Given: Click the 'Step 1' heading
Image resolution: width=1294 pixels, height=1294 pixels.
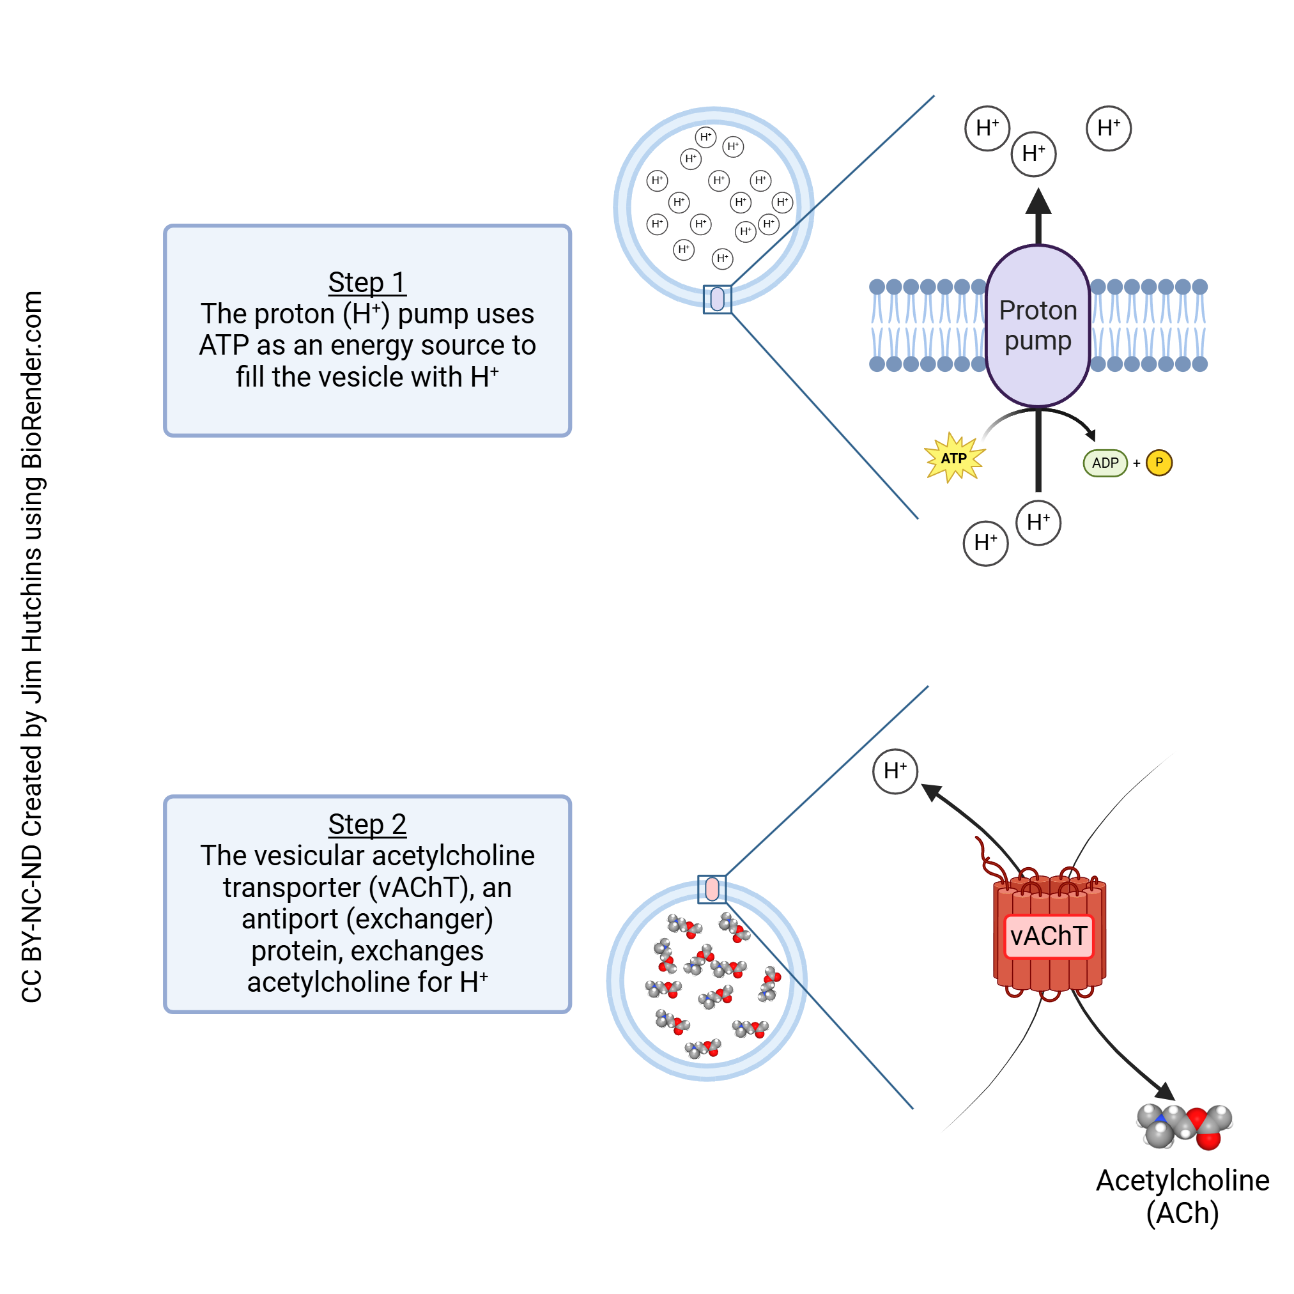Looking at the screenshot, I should tap(367, 282).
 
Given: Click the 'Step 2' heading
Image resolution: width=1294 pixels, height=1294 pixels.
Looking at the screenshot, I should tap(367, 824).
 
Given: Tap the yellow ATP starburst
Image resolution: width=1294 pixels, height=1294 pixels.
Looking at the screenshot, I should tap(954, 458).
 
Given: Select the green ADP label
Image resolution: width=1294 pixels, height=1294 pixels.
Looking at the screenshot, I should tap(1105, 463).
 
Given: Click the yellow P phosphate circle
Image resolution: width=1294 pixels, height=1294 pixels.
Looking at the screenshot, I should tap(1159, 463).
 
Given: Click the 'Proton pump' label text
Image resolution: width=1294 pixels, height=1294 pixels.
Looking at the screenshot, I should tap(1038, 325).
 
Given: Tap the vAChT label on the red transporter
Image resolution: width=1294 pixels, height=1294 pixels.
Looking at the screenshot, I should tap(1048, 936).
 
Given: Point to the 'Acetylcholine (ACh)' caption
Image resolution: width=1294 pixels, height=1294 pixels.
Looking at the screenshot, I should tap(1182, 1196).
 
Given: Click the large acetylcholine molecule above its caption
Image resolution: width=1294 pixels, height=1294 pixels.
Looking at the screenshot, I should tap(1184, 1127).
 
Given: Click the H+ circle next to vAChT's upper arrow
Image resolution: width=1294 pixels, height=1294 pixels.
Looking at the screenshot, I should tap(895, 771).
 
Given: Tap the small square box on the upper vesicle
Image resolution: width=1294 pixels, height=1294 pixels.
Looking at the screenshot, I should tap(718, 300).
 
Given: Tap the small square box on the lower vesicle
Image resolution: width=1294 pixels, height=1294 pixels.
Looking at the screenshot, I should tap(712, 890).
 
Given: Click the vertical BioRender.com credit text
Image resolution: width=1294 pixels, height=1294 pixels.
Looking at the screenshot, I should tap(31, 646).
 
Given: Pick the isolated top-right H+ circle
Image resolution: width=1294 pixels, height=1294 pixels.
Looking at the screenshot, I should tap(1109, 128).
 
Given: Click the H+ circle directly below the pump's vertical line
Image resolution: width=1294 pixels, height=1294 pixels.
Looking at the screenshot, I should tap(1038, 523).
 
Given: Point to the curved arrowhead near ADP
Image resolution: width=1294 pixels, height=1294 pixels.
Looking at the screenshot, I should tap(1091, 435).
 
